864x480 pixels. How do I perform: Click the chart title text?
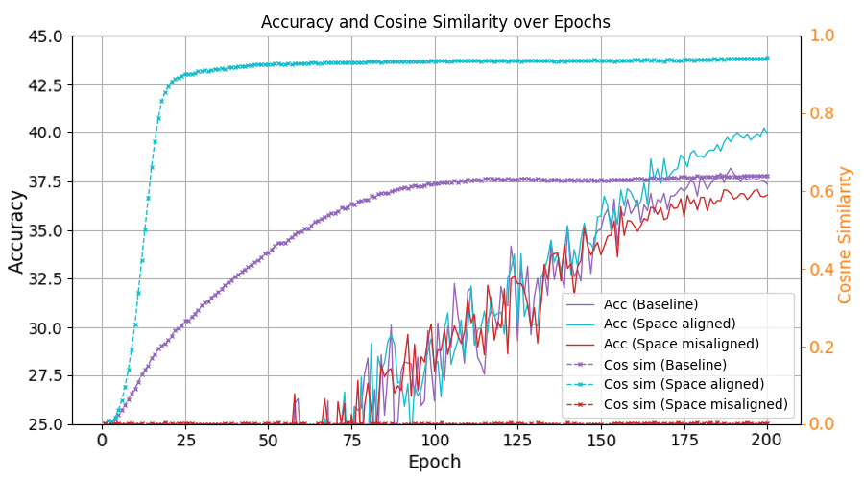coord(436,22)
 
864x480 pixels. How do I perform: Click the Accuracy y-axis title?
coord(18,230)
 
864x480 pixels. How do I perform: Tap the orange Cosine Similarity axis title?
coord(846,234)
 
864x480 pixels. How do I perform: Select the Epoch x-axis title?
coord(434,462)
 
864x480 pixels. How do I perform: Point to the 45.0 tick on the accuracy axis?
coord(43,36)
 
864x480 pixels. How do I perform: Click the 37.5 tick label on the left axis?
coord(43,182)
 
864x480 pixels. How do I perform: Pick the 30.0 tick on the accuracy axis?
coord(43,327)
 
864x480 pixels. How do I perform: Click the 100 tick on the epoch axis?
coord(435,440)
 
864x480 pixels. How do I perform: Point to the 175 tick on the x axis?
coord(684,440)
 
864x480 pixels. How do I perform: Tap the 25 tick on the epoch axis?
coord(185,440)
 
